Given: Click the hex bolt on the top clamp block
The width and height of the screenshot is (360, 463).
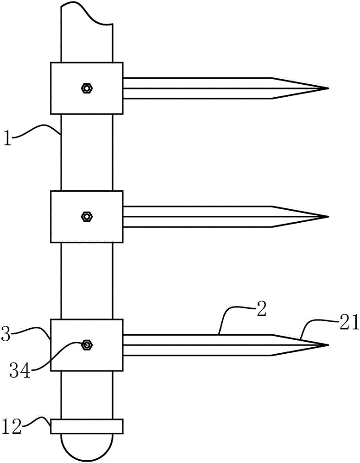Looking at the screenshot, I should coord(86,88).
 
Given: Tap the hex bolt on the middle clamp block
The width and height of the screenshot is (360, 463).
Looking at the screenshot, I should coord(86,216).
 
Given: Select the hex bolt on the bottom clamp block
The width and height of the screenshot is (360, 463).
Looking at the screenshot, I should coord(86,344).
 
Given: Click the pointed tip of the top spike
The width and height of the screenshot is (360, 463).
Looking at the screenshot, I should coord(327,88).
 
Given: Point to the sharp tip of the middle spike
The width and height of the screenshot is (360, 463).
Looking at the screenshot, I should coord(327,216).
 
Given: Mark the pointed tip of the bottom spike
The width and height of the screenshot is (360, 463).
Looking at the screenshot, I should coord(327,345).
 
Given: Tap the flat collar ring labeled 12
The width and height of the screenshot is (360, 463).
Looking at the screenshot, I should coord(87,426).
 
